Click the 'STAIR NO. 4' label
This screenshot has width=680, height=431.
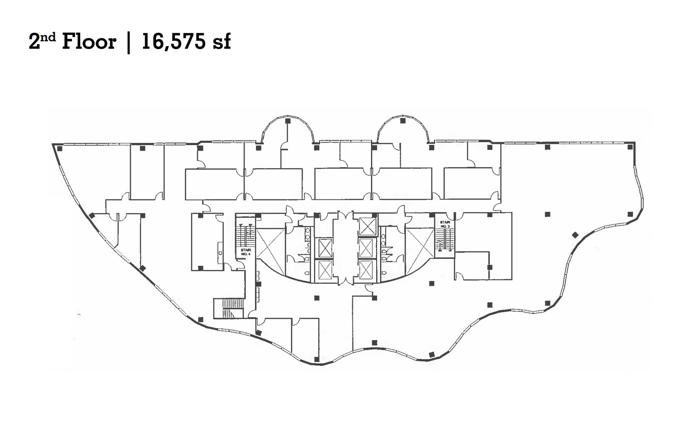tap(246, 252)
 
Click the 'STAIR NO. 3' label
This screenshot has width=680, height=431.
tap(445, 224)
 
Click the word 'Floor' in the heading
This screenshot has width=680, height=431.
tap(89, 42)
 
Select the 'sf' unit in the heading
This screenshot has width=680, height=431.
tap(221, 42)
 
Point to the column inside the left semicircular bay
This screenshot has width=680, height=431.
tap(287, 121)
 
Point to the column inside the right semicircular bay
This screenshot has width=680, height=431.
tap(402, 121)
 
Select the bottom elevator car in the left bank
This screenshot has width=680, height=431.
tap(325, 270)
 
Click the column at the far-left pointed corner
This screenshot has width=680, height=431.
tap(59, 149)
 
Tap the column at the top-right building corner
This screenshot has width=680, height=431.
tap(630, 147)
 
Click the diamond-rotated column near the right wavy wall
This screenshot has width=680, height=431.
tap(575, 235)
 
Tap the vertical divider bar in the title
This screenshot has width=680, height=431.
tap(129, 43)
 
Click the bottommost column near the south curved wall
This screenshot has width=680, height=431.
tap(318, 359)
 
